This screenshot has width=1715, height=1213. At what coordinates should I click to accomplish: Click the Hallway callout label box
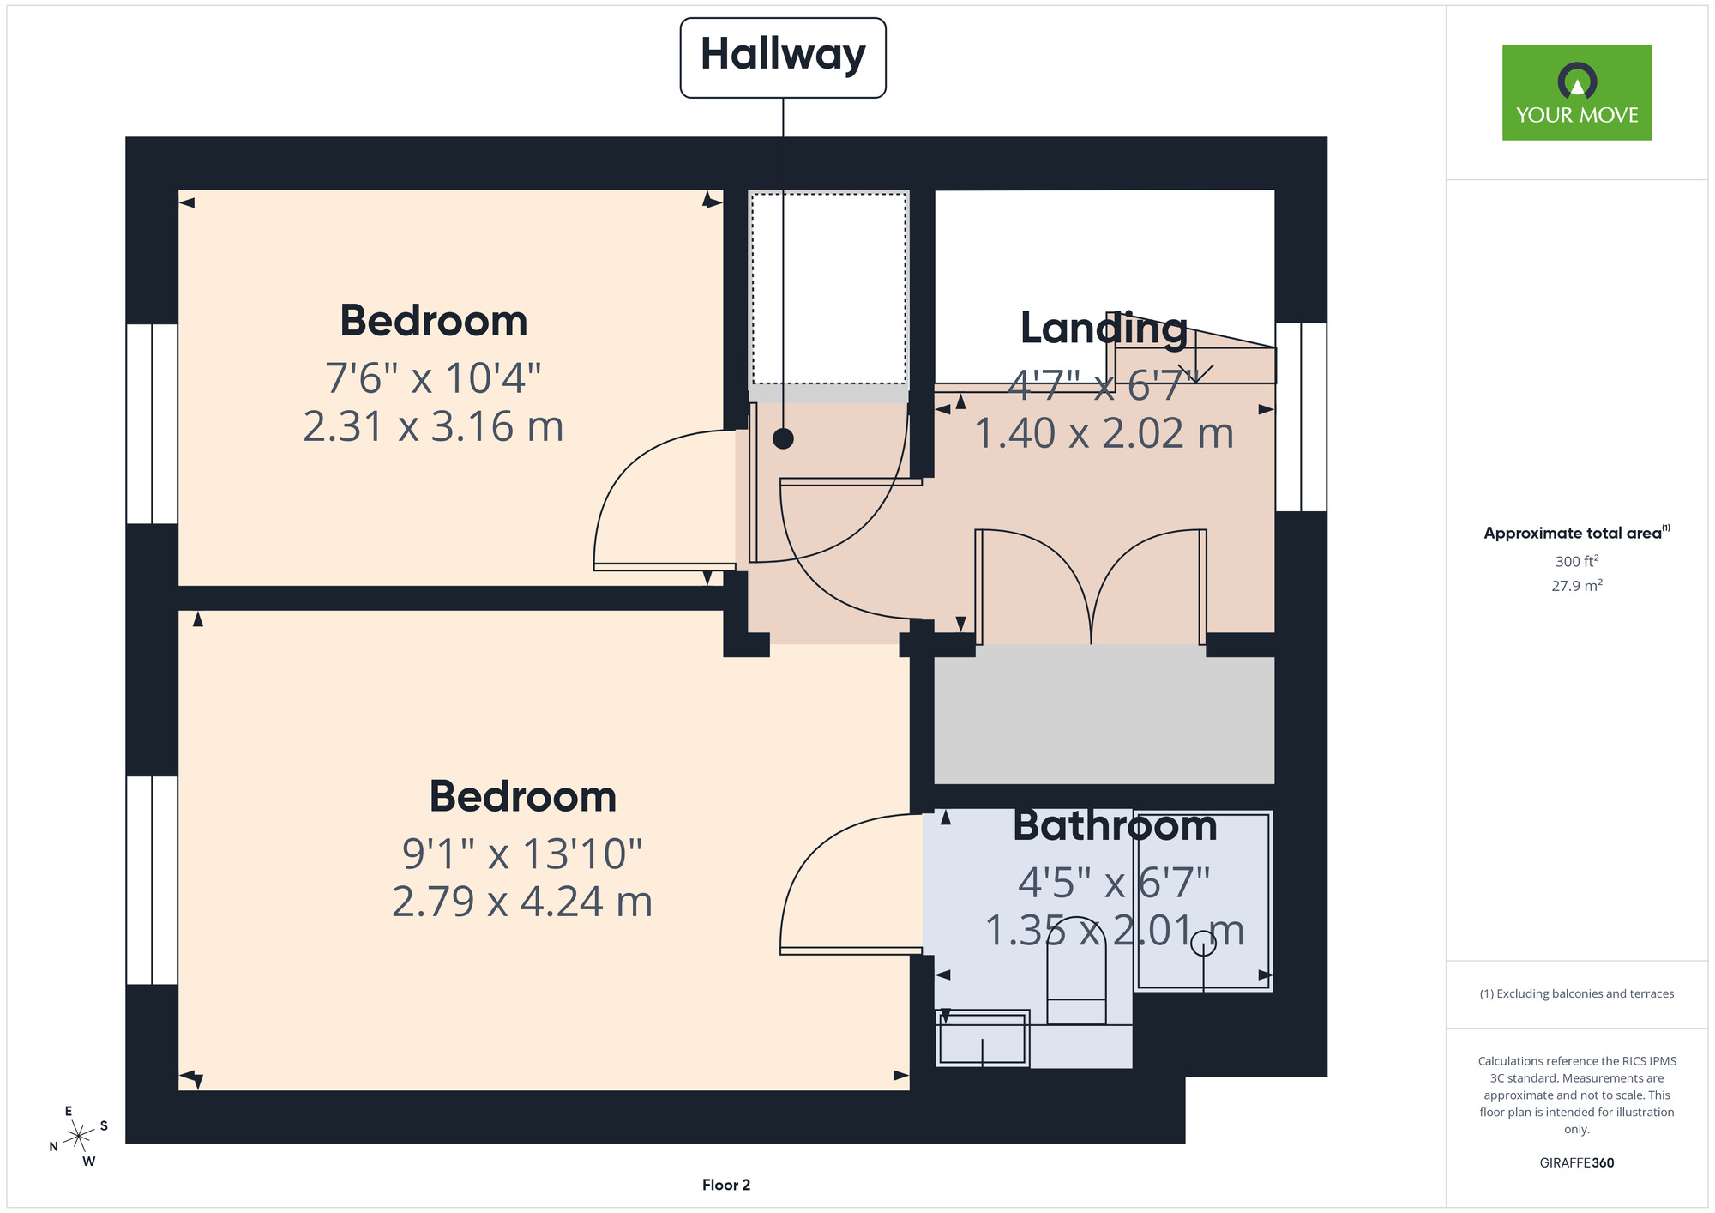(783, 57)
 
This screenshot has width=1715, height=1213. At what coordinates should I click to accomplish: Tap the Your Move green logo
(1576, 93)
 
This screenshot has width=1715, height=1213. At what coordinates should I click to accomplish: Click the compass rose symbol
(79, 1137)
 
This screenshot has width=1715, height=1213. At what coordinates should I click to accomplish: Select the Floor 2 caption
(726, 1185)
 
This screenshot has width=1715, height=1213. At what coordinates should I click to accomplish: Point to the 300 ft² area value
(1577, 561)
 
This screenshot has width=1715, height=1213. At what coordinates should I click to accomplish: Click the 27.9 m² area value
(1577, 586)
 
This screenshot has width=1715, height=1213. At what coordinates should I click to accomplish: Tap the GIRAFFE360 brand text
(1577, 1163)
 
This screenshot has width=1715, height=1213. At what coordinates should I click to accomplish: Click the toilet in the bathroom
(1076, 982)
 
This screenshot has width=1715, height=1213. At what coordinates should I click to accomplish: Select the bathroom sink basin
(983, 1039)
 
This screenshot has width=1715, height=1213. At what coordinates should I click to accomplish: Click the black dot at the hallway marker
(783, 438)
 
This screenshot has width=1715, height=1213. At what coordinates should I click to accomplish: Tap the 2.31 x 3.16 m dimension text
(434, 426)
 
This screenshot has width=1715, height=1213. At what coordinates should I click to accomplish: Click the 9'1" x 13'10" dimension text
(522, 854)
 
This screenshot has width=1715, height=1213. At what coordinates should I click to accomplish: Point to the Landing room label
(1104, 329)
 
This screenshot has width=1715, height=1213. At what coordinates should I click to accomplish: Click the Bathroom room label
(1115, 825)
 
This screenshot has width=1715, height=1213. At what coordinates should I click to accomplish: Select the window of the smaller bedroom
(152, 424)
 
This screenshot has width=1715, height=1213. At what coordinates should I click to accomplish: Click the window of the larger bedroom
(152, 880)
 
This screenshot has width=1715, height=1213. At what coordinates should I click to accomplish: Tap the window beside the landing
(1301, 417)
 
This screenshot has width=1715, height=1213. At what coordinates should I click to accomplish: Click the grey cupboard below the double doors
(1104, 720)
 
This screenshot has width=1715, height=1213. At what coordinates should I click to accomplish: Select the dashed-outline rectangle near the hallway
(829, 289)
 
